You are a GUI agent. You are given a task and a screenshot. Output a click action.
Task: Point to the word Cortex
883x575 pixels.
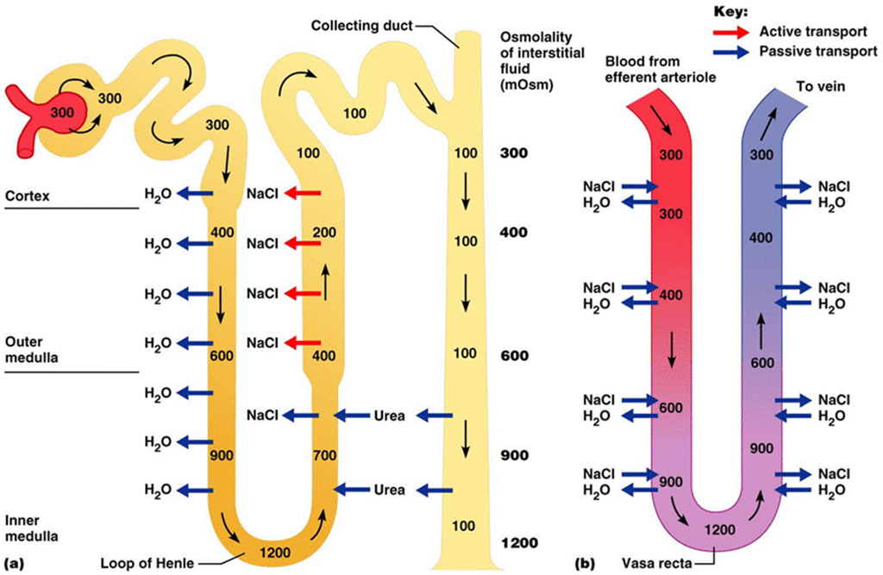[27, 195]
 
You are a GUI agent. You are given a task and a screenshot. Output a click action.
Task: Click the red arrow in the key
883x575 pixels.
[731, 32]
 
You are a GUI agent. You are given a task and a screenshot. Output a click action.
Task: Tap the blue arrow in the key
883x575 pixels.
[731, 52]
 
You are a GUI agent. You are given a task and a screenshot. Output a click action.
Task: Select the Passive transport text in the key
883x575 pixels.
[818, 52]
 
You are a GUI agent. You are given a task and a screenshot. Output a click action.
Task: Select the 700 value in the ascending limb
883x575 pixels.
[323, 454]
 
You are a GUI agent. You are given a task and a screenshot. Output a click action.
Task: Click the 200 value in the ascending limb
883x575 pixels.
[323, 233]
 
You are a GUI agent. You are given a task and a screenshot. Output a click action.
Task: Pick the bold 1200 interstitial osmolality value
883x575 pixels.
[519, 543]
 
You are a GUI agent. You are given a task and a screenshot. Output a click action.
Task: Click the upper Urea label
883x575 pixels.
[389, 416]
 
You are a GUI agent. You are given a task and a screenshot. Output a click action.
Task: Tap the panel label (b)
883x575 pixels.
[585, 564]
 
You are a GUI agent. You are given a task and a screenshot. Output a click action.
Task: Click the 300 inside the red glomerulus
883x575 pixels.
[63, 113]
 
